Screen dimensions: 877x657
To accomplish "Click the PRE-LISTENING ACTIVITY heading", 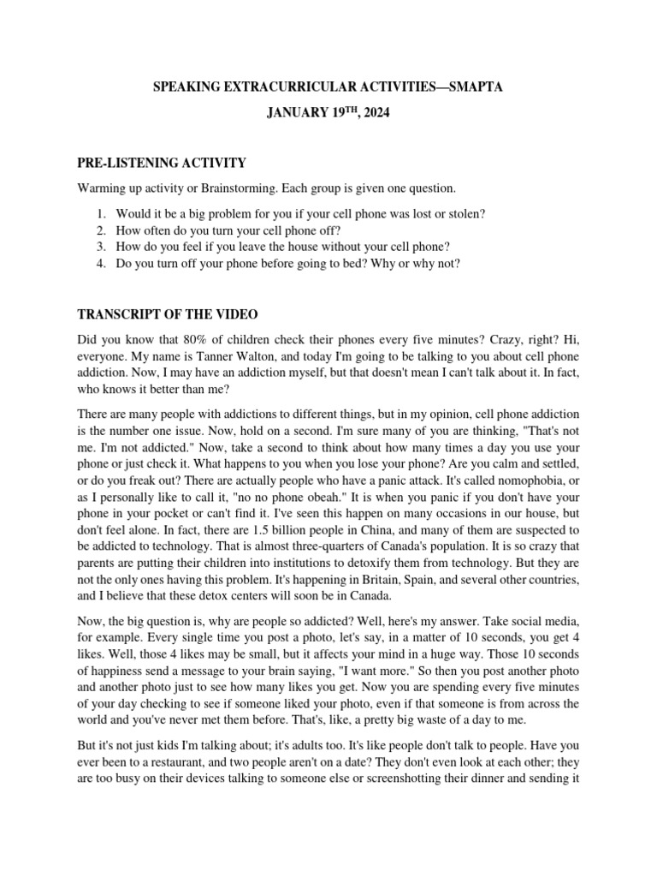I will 162,163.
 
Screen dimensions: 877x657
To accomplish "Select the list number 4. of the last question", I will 100,264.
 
